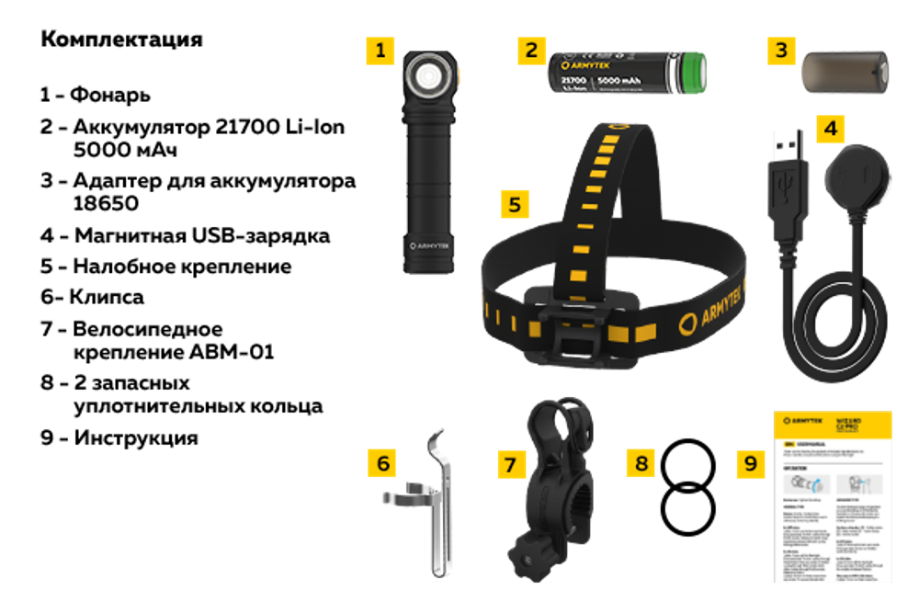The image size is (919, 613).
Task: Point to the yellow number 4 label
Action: tap(830, 128)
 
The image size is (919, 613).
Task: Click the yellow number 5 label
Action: tap(516, 203)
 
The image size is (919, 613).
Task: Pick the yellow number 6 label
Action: tap(381, 462)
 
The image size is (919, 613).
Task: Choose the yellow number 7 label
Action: tap(512, 463)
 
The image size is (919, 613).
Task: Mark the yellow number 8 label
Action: tap(641, 463)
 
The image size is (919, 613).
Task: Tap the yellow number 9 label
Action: tap(751, 463)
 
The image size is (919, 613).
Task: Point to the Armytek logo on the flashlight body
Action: tap(428, 246)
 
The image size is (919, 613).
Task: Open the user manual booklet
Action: tap(832, 496)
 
